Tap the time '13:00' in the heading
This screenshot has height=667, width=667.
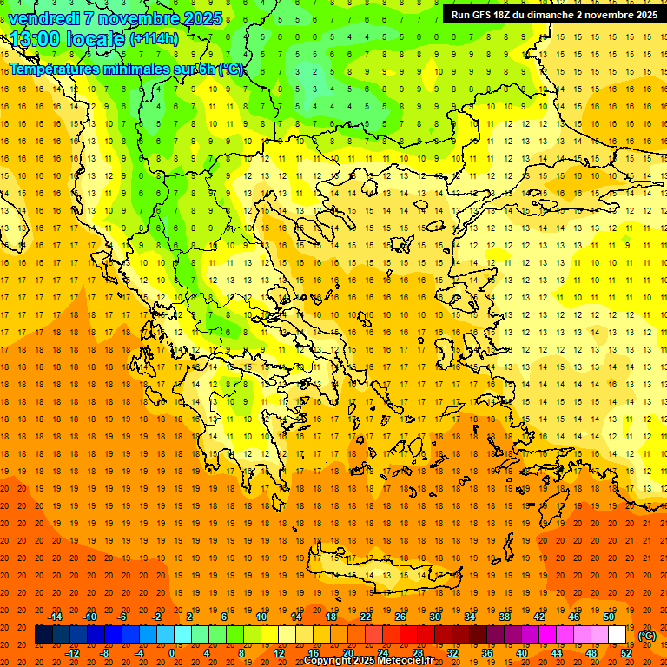click(34, 39)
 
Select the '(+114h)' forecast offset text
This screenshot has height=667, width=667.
click(153, 39)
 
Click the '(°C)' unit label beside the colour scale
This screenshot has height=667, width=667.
click(647, 636)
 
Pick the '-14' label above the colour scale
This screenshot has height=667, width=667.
click(56, 617)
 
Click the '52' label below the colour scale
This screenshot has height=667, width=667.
click(626, 653)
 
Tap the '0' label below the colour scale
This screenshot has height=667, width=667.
click(172, 653)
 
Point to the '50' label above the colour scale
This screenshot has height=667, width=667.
click(608, 617)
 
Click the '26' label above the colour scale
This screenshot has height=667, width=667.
click(400, 617)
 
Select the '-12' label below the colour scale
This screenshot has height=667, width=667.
click(73, 653)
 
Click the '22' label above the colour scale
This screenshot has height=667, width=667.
click(366, 617)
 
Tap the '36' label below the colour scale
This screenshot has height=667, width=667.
click(487, 653)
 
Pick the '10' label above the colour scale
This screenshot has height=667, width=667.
click(261, 617)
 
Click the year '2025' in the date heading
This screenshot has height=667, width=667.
click(199, 18)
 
